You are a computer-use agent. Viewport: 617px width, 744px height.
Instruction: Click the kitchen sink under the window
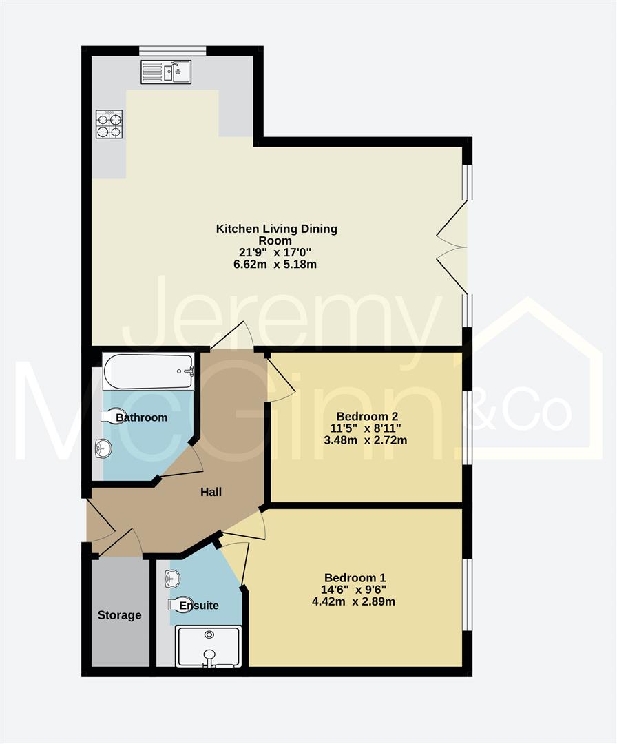pos(166,72)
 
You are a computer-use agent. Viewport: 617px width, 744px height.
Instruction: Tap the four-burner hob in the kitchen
pos(109,124)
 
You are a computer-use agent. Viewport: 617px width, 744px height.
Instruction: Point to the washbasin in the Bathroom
pos(103,449)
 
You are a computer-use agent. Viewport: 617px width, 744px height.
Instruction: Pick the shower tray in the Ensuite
pos(209,646)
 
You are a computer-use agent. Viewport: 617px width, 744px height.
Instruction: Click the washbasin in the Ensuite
pos(172,579)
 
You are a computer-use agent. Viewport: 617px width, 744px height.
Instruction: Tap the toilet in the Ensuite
pos(180,604)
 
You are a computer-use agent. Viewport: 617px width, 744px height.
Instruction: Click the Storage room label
pos(119,615)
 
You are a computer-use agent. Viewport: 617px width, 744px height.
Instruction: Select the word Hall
pos(211,492)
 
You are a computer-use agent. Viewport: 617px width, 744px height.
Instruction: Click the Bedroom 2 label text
pos(367,416)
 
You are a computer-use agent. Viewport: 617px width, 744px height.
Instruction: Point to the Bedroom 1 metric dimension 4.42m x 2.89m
pos(353,601)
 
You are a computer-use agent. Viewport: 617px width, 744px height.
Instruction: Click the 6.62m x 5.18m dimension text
pos(277,264)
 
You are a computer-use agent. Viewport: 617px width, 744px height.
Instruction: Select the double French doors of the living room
pos(453,247)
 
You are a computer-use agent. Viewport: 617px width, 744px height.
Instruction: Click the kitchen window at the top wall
pos(172,50)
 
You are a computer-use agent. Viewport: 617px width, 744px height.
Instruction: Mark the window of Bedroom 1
pos(467,594)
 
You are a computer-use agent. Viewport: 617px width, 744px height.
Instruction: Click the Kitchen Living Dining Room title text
pos(277,234)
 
